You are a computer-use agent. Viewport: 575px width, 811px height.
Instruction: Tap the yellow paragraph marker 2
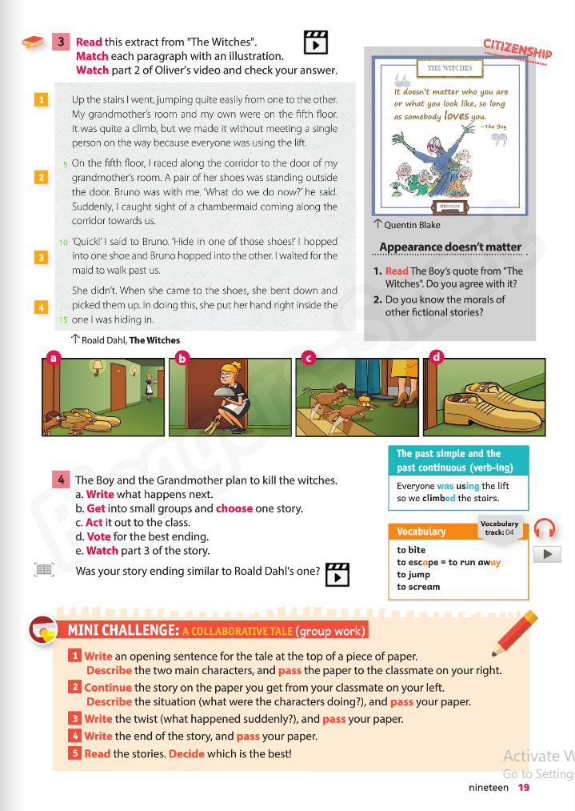(41, 177)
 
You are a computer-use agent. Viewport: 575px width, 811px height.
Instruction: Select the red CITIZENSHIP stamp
(517, 50)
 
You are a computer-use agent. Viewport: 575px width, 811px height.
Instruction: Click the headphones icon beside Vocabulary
(545, 529)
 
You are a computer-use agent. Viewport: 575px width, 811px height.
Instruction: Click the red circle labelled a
(53, 358)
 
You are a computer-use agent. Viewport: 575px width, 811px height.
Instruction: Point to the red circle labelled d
(436, 358)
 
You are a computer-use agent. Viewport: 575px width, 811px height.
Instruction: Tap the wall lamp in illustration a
(98, 367)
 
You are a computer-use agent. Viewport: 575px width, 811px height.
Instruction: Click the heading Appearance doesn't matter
(449, 247)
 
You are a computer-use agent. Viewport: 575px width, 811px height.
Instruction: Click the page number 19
(523, 787)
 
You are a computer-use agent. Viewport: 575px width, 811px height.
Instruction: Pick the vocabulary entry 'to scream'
(418, 587)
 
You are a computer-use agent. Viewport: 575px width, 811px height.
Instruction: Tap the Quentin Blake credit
(411, 225)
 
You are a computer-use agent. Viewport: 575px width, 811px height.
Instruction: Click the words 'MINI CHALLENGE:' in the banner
(122, 631)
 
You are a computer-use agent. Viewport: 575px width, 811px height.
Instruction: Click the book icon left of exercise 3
(34, 42)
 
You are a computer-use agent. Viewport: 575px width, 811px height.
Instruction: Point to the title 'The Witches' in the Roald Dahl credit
(154, 340)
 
